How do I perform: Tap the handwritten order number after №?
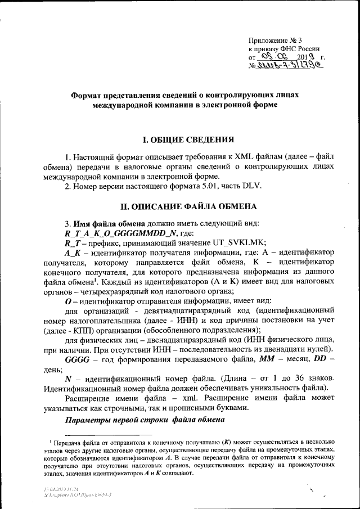pyautogui.click(x=292, y=66)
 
